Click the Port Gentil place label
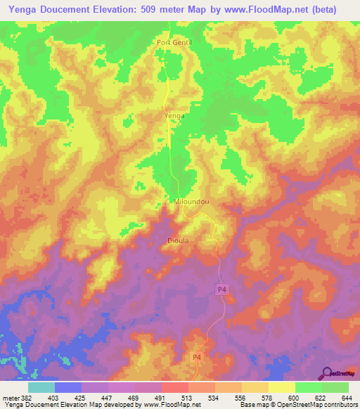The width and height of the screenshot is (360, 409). pyautogui.click(x=174, y=43)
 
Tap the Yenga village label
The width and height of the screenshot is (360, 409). pyautogui.click(x=174, y=116)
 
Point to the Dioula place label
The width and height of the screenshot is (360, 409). pyautogui.click(x=178, y=240)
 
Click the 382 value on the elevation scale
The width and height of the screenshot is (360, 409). pyautogui.click(x=19, y=398)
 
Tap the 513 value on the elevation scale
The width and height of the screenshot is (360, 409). pyautogui.click(x=188, y=398)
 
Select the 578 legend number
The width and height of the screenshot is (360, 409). pyautogui.click(x=266, y=398)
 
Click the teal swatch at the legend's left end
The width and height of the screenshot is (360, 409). pyautogui.click(x=41, y=387)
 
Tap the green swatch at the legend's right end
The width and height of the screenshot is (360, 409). pyautogui.click(x=335, y=387)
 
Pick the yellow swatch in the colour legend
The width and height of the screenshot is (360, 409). pyautogui.click(x=281, y=387)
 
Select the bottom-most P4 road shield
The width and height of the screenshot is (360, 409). pyautogui.click(x=199, y=358)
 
